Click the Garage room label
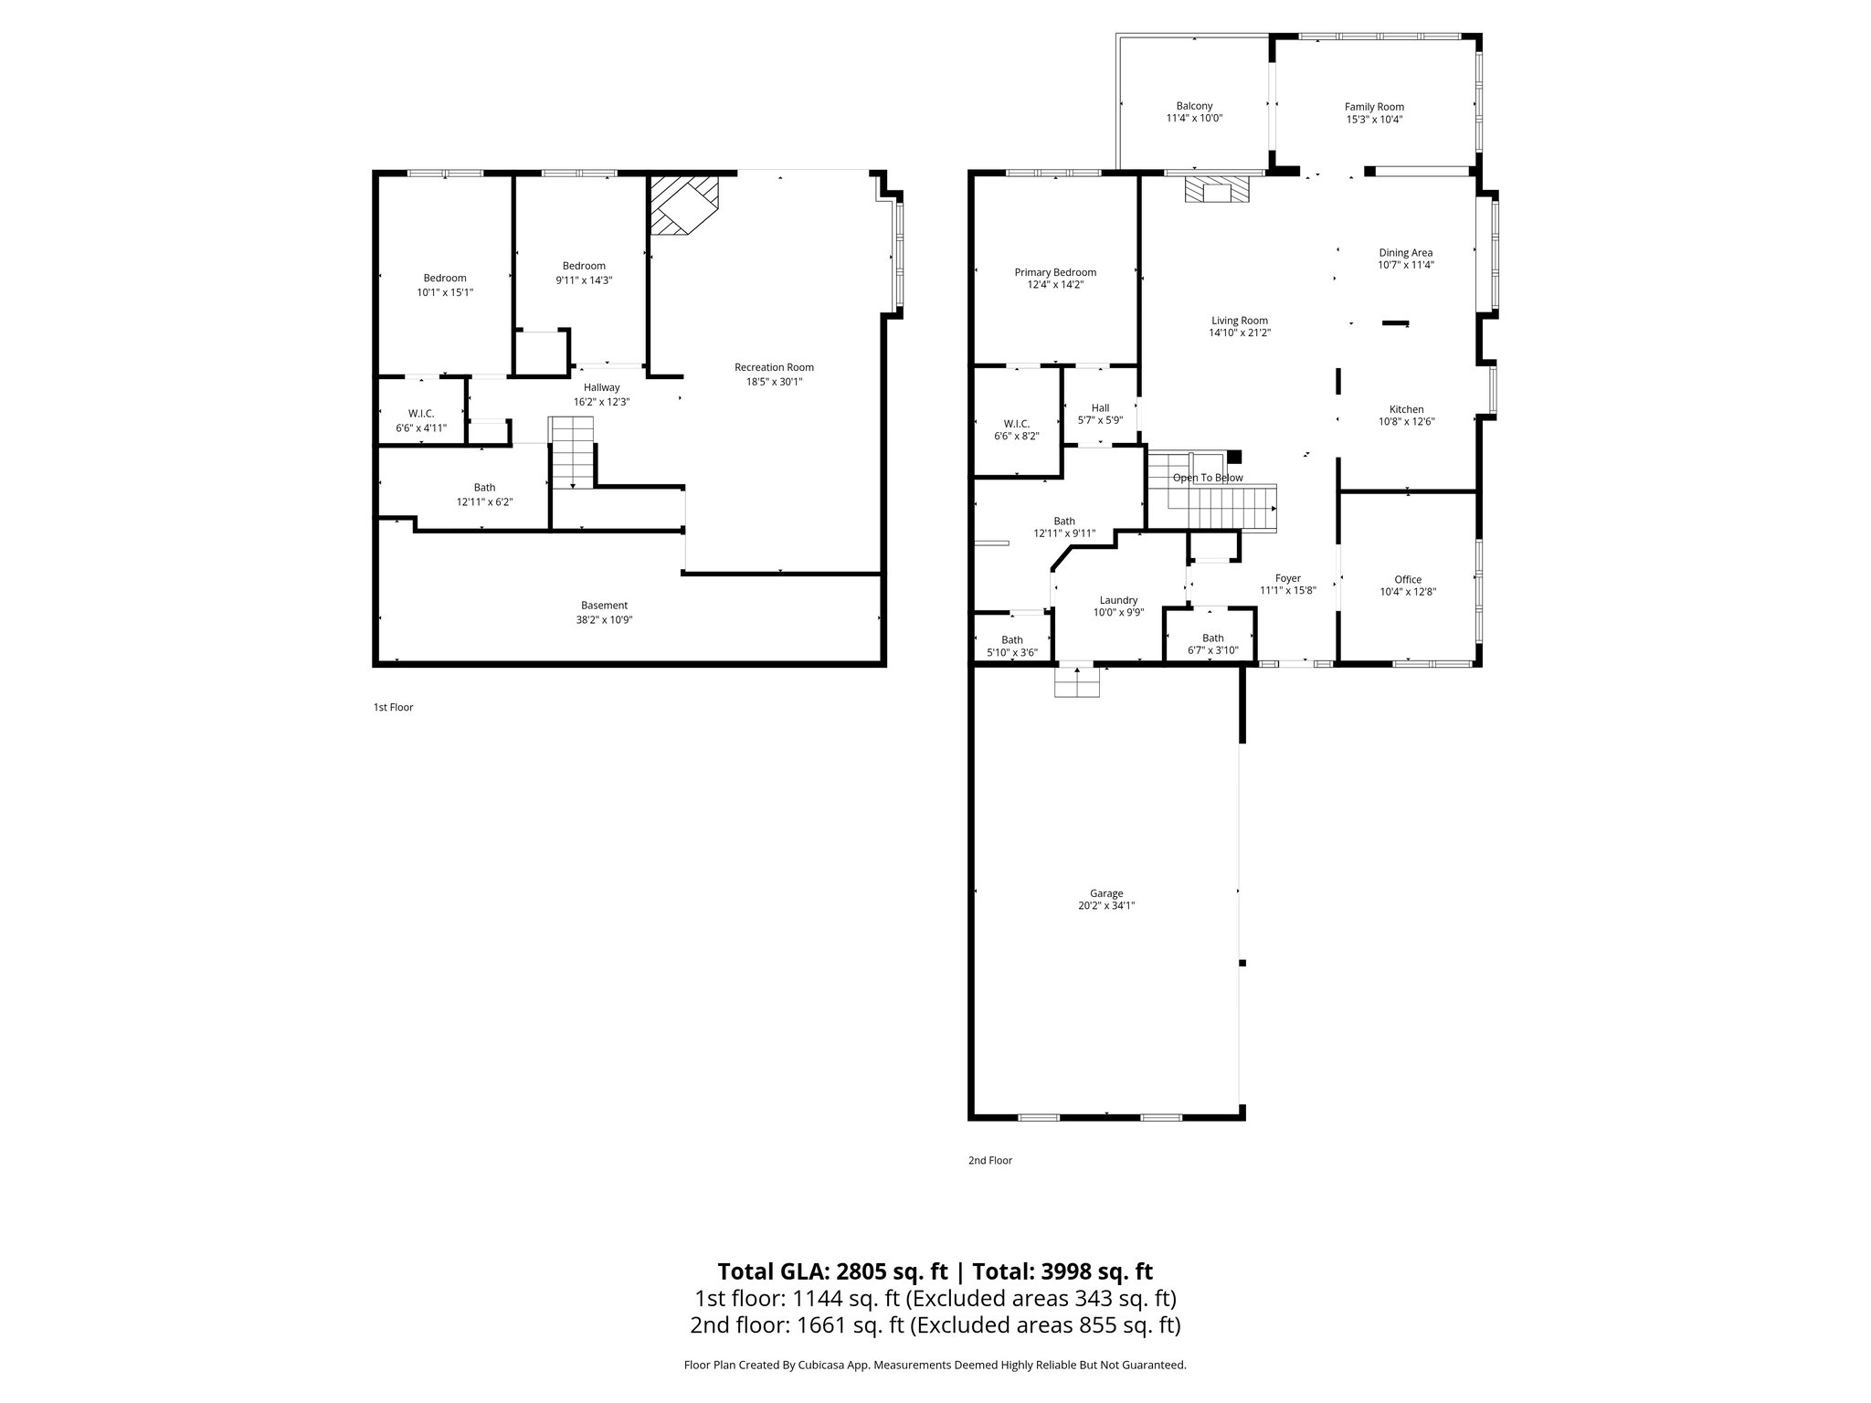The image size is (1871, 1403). (x=1105, y=893)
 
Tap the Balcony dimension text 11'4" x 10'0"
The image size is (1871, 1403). (x=1194, y=119)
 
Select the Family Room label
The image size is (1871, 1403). (x=1374, y=107)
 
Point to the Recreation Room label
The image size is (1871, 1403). (x=774, y=367)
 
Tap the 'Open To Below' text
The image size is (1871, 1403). (x=1208, y=478)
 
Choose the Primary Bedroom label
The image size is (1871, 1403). (x=1055, y=272)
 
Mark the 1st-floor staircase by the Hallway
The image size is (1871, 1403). (x=572, y=452)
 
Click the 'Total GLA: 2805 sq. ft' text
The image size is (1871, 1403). (x=835, y=1271)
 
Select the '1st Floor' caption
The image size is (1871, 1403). (x=393, y=707)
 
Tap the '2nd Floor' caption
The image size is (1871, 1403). (x=990, y=1160)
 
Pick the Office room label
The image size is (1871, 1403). (x=1408, y=579)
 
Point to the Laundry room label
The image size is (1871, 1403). (x=1118, y=600)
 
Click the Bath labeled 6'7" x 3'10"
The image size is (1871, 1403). (x=1212, y=638)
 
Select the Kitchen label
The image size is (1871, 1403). (x=1406, y=409)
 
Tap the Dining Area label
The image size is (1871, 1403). (x=1405, y=253)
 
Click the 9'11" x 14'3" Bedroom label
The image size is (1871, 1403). (x=584, y=266)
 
